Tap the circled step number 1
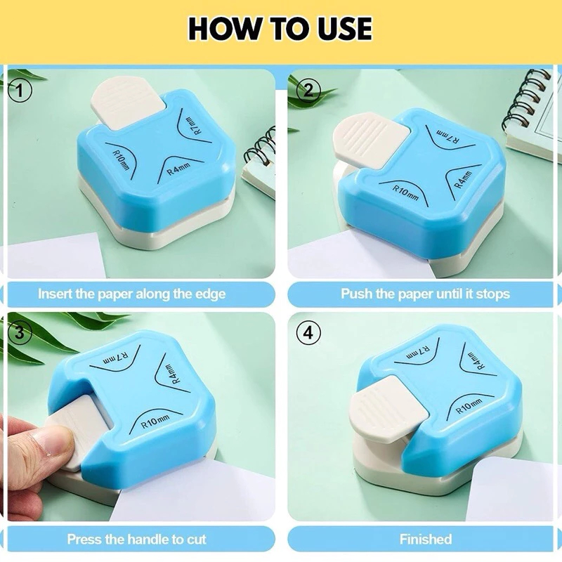click(x=20, y=91)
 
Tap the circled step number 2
click(x=308, y=91)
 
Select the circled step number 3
click(x=20, y=332)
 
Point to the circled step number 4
click(x=308, y=334)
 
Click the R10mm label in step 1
click(x=121, y=160)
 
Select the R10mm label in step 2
click(x=405, y=192)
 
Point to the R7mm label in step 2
click(x=447, y=136)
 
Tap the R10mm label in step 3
click(x=155, y=421)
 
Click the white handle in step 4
click(x=390, y=408)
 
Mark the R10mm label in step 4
click(x=469, y=406)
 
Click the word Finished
click(x=426, y=539)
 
